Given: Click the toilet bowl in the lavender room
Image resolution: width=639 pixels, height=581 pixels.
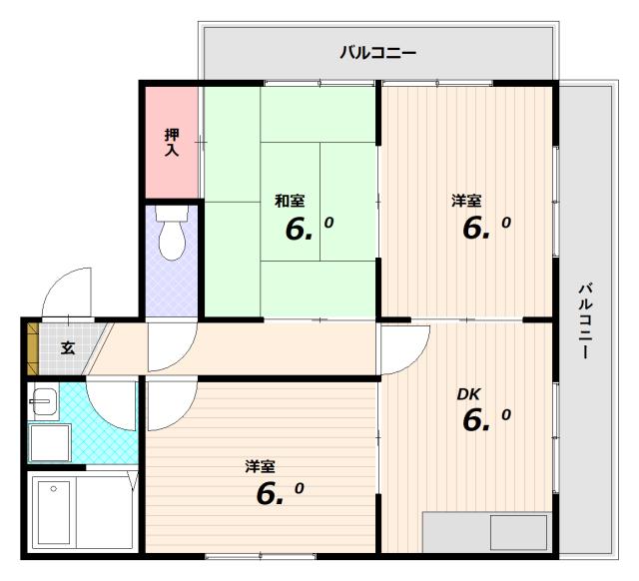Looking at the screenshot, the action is click(172, 242).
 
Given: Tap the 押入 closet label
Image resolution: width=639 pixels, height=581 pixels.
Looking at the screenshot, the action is click(172, 142).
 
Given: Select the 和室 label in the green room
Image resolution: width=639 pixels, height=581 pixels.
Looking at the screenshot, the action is click(290, 201).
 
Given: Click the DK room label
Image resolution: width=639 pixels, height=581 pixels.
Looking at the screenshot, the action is click(468, 394).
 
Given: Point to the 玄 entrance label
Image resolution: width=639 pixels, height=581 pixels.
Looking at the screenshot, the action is click(68, 347).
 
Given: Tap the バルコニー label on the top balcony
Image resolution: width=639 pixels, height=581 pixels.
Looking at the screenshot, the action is click(378, 53).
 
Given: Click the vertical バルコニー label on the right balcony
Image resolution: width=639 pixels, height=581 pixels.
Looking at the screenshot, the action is click(586, 320).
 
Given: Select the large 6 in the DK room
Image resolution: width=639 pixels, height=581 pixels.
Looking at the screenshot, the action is click(472, 420).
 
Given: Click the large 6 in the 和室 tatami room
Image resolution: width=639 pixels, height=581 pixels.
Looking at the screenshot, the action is click(296, 230).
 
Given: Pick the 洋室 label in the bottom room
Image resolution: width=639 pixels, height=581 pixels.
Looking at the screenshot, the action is click(260, 467).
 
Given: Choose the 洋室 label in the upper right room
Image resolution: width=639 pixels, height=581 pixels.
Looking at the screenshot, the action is click(466, 201).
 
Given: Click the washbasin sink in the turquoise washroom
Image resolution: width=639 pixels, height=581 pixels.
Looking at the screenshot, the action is click(44, 401).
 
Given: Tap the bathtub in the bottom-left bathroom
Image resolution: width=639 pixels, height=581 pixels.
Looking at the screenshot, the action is click(54, 512).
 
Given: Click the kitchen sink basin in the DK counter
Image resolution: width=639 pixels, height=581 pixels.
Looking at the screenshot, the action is click(518, 532).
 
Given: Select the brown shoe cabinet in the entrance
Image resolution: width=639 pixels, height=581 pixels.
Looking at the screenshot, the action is click(33, 348).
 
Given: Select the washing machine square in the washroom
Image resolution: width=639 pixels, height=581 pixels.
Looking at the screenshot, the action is click(50, 442).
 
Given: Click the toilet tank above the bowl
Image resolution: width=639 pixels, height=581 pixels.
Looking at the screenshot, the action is click(172, 213).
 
